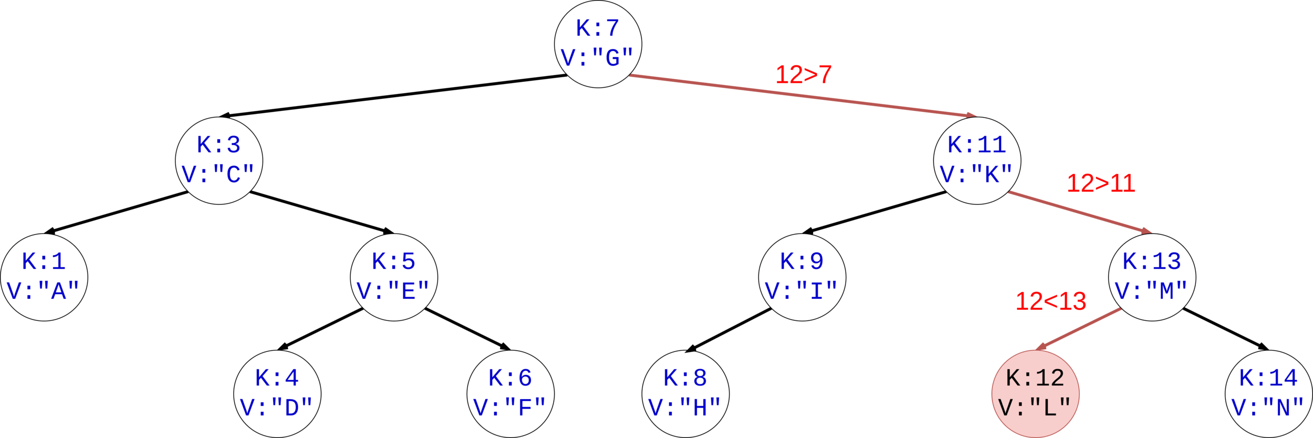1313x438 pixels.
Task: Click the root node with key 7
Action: (598, 44)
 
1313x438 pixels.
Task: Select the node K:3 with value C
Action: (218, 160)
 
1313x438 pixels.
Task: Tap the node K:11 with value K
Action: (977, 160)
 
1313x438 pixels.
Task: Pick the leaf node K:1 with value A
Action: (44, 277)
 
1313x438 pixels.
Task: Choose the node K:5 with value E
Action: (394, 277)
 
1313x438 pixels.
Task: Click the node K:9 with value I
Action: (802, 277)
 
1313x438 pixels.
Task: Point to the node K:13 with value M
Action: (1152, 277)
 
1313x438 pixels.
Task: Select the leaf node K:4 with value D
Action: (277, 393)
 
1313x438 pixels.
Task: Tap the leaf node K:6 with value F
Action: (510, 393)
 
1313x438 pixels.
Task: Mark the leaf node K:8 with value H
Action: (685, 393)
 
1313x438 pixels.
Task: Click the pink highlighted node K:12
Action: (1035, 393)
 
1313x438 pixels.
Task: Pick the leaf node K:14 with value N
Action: (1268, 393)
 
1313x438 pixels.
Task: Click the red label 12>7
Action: (804, 75)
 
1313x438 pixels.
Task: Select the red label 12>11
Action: (1101, 183)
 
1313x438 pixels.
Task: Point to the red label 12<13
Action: (1050, 301)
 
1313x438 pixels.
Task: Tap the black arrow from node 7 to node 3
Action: (394, 96)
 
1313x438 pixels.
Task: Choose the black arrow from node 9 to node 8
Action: (728, 329)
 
